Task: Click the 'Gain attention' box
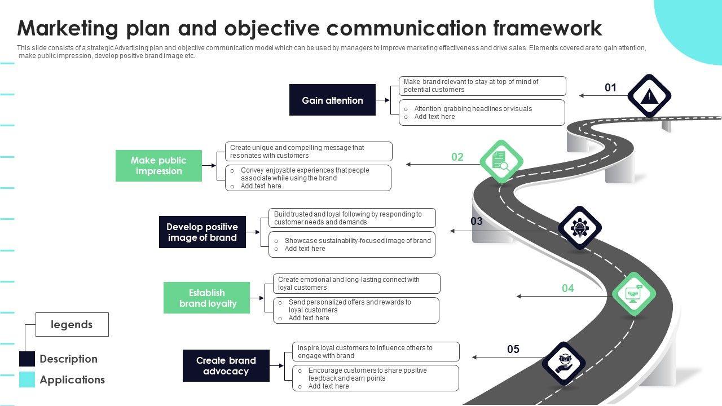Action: tap(332, 100)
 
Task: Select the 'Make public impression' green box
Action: tap(159, 166)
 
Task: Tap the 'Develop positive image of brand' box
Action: tap(202, 232)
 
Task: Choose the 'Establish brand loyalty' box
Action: tap(206, 298)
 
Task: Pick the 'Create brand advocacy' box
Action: tap(226, 366)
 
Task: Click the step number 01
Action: tap(610, 87)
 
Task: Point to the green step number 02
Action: tap(457, 157)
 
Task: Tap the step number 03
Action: tap(477, 221)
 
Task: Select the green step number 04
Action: tap(568, 288)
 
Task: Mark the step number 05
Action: tap(513, 349)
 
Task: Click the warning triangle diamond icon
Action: tap(649, 96)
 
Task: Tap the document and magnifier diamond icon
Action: tap(501, 161)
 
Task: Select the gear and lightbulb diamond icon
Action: tap(580, 228)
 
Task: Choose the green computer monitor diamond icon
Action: tap(634, 294)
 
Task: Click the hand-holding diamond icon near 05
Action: tap(563, 364)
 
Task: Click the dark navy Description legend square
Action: tap(27, 359)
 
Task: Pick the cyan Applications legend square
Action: tap(27, 379)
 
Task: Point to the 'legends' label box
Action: tap(72, 324)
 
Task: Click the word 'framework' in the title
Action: tap(547, 28)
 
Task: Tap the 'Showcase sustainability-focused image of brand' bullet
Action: tap(358, 241)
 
